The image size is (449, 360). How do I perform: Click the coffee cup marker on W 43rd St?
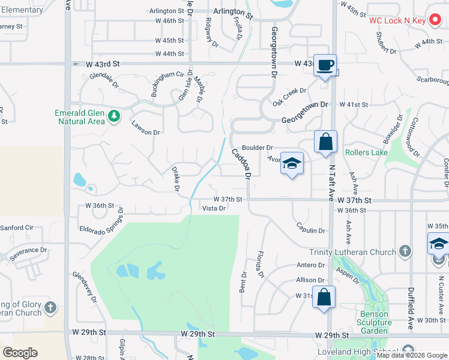coord(325,65)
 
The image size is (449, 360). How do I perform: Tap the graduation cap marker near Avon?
coord(292,163)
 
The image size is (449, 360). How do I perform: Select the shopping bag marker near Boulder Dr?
coord(325,142)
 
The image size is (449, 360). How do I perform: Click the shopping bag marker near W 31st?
coord(324,298)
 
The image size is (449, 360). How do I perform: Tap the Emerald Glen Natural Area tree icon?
coord(113,115)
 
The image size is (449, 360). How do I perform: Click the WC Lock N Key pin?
coord(435,20)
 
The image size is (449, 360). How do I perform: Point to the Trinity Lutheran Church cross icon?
coord(405,251)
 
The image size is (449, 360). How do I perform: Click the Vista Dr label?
coord(214,209)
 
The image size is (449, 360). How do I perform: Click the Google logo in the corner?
coord(20,353)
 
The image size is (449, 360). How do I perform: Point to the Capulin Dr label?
coord(310,230)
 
